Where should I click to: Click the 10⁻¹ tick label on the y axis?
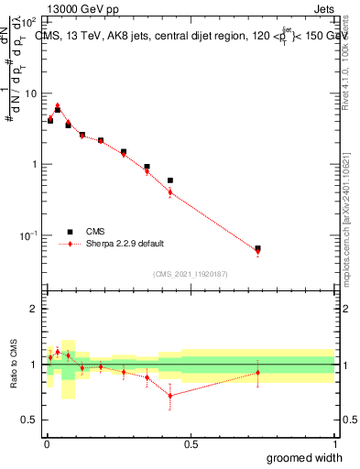tap(28, 235)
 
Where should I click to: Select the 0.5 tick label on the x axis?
tap(191, 444)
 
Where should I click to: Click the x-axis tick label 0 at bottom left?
tap(46, 444)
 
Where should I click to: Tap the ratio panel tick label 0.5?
tap(29, 420)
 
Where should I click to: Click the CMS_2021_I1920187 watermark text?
tap(191, 273)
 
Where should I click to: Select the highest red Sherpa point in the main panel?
tap(58, 105)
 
